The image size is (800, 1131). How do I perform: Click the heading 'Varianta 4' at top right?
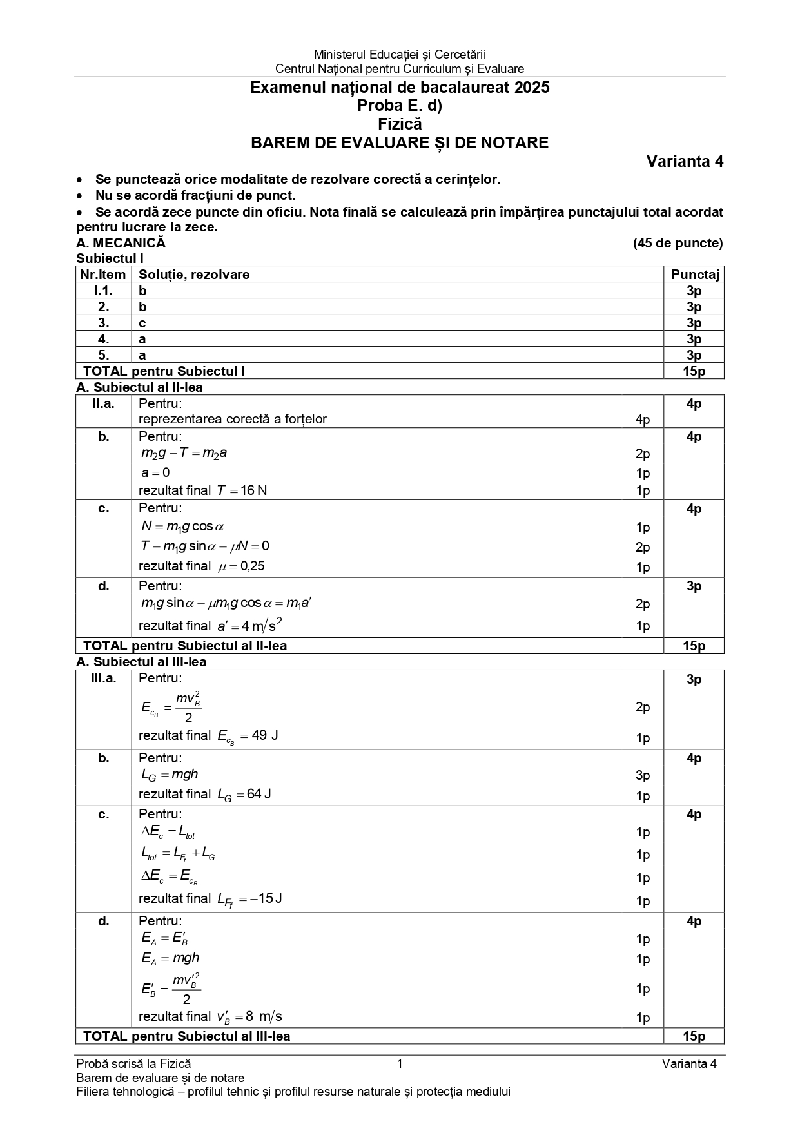tap(685, 162)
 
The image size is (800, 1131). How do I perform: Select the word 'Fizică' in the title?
tap(400, 124)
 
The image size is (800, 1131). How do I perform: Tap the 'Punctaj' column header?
tap(694, 275)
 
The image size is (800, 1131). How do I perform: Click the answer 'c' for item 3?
tap(142, 323)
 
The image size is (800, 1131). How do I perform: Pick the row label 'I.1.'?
tap(103, 291)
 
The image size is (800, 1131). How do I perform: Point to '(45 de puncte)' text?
tap(678, 243)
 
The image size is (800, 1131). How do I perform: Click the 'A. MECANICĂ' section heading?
tap(121, 243)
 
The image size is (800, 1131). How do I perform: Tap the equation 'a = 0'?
tap(155, 472)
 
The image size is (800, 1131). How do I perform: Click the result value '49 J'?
tap(264, 735)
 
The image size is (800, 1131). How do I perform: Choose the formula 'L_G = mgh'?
tap(170, 775)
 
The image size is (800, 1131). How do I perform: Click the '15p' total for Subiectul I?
tap(694, 371)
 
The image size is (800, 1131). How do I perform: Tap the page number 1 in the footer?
tap(400, 1064)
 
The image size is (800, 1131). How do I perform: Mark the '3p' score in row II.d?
tap(694, 586)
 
